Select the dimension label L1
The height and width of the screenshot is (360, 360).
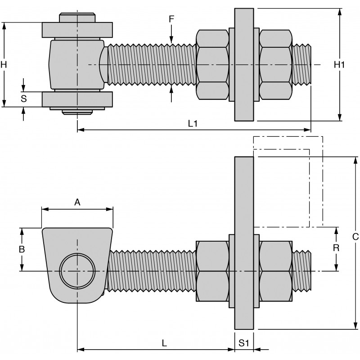pos(193,123)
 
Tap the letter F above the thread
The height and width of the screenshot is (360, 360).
pos(171,19)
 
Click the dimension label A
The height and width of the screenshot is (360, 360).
pos(77,202)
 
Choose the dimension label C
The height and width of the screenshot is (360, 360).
pos(355,236)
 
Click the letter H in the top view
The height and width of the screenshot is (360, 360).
pos(4,64)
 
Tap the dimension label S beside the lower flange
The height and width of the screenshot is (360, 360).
pos(24,99)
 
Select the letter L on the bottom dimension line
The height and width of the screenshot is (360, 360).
pos(164,342)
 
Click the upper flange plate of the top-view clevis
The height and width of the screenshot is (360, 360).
pos(77,30)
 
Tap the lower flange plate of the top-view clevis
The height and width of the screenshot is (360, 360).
pos(77,99)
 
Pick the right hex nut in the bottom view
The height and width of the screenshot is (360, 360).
pos(275,271)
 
